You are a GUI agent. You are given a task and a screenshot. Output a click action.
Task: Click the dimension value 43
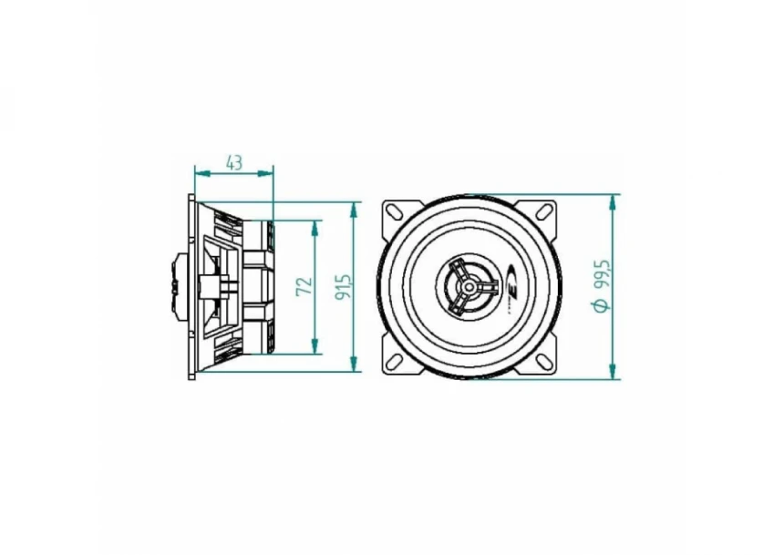tap(234, 162)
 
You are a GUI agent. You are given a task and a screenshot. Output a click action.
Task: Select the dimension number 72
tap(304, 287)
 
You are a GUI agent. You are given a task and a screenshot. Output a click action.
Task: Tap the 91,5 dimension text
tap(343, 287)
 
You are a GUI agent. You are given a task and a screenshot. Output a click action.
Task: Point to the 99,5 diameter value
tap(601, 273)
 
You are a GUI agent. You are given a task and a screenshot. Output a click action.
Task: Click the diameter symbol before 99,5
tap(601, 305)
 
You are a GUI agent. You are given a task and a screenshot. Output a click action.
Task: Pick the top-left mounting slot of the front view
tap(395, 211)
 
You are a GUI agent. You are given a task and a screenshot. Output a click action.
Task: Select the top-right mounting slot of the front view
tap(545, 211)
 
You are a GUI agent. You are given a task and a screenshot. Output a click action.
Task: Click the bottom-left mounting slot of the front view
tap(395, 362)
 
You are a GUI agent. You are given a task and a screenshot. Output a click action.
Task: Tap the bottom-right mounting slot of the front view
tap(545, 362)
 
